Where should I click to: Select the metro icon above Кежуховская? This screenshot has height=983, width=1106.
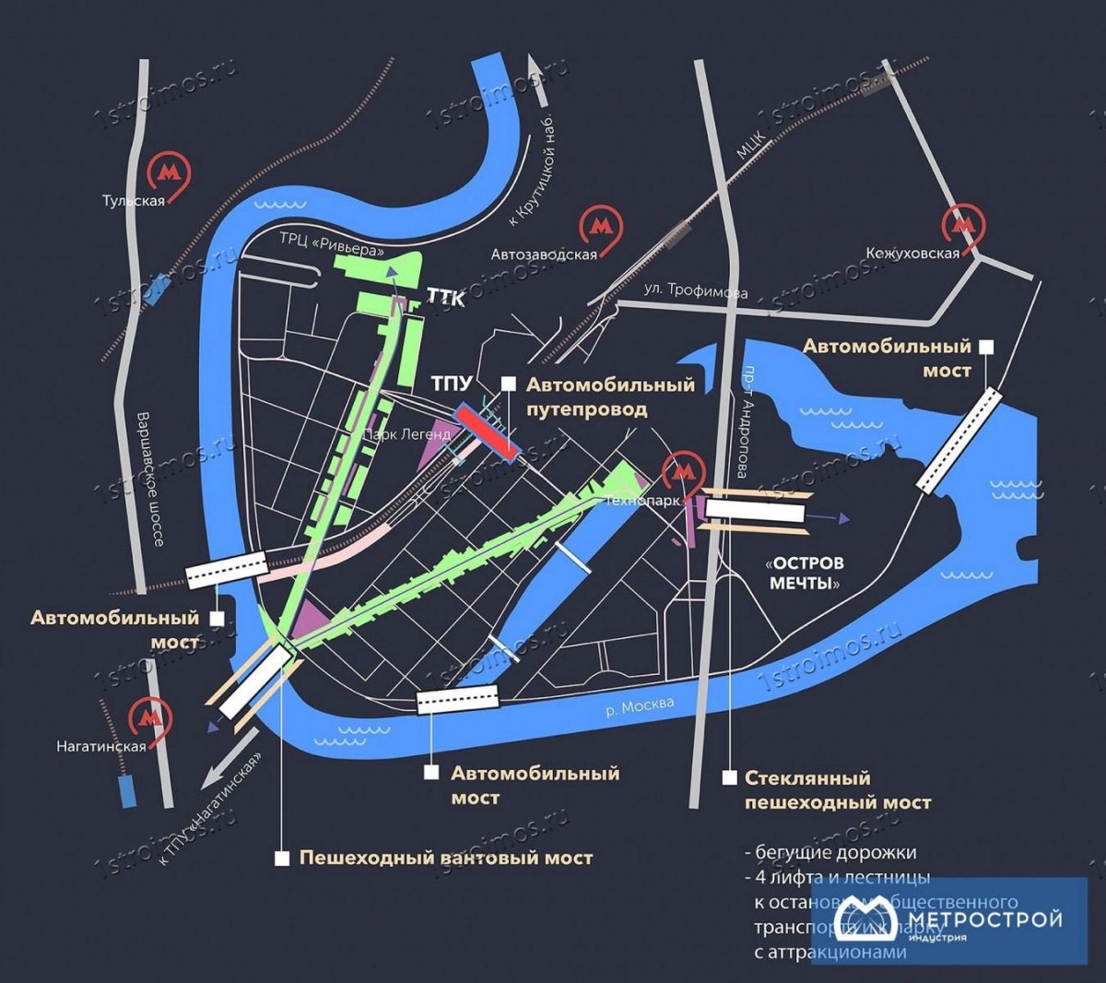pos(963,224)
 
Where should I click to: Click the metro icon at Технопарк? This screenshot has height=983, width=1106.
pos(682,472)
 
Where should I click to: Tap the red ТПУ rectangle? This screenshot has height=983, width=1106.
pos(487,432)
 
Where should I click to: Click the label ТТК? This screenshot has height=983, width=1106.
pos(446,298)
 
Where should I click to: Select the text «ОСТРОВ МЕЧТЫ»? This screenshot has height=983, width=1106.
pos(806,573)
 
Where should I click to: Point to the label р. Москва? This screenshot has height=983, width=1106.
pos(640,706)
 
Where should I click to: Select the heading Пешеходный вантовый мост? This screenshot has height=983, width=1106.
pos(446,858)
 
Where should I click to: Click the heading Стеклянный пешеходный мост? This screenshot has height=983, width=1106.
pos(837,790)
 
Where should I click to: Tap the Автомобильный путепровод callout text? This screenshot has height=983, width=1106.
pos(610,397)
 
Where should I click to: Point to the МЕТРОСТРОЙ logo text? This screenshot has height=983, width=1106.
pos(984,918)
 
